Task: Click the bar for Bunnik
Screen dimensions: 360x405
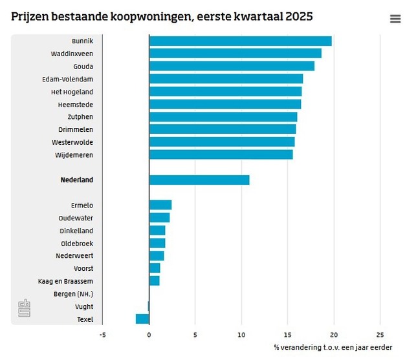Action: [240, 41]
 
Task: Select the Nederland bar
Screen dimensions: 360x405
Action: [199, 180]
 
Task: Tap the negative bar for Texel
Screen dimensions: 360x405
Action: [142, 319]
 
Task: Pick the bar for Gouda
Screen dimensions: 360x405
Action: [232, 66]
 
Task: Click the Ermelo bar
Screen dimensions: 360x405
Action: [160, 205]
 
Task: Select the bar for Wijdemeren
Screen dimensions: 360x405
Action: [221, 154]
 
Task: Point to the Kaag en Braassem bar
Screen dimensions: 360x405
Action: [154, 281]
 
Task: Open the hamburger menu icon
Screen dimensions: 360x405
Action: [395, 19]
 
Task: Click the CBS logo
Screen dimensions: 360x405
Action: [24, 308]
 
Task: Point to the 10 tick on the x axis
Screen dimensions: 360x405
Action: [241, 335]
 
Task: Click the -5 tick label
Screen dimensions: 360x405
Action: [102, 335]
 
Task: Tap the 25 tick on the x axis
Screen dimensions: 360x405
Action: [380, 335]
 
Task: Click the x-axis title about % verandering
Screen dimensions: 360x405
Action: [333, 347]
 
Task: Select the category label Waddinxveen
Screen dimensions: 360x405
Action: [72, 53]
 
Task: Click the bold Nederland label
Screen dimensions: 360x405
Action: [77, 180]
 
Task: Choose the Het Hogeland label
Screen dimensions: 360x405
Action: [72, 91]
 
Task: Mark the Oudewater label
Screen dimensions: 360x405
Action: [76, 218]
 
